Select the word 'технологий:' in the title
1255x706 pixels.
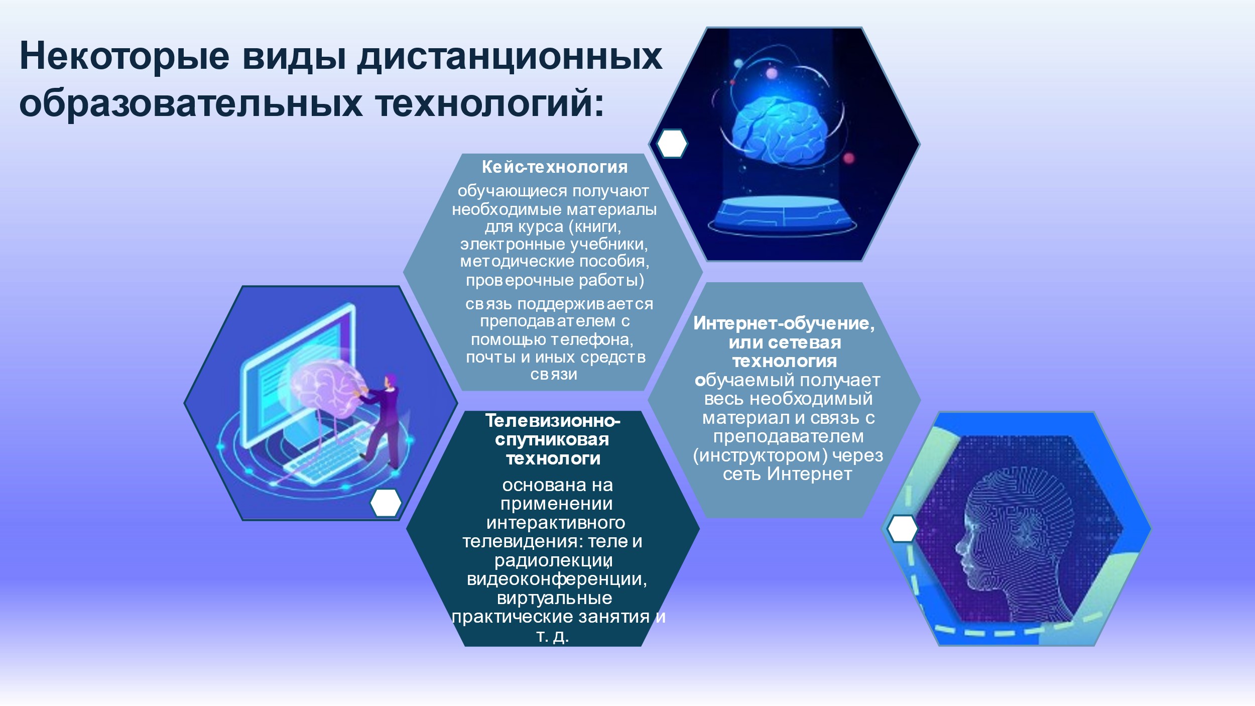tap(489, 104)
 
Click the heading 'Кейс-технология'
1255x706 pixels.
tap(555, 167)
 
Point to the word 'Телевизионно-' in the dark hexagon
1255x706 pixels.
tap(553, 421)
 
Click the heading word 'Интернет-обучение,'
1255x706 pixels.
tap(784, 323)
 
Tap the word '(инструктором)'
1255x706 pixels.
tap(760, 455)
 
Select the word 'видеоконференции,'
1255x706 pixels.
tap(557, 579)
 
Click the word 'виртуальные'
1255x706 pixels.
tap(555, 598)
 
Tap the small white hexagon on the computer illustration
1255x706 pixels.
tap(386, 503)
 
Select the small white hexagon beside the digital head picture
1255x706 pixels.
tap(902, 529)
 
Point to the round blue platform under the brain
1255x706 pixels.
tap(783, 215)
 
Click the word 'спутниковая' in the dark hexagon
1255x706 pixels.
tap(552, 439)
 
